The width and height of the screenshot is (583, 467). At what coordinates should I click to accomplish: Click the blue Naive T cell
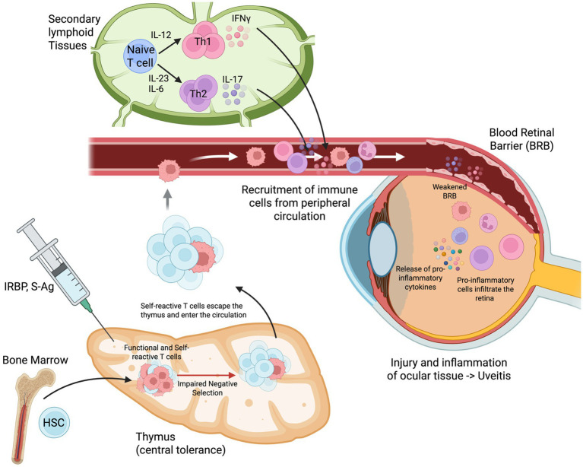140,56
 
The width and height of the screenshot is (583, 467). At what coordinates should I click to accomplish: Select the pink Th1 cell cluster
202,40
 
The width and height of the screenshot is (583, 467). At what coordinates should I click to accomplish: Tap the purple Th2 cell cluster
198,93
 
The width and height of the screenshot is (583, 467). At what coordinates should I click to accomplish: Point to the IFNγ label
241,18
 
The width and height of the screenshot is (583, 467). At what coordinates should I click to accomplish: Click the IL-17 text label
233,79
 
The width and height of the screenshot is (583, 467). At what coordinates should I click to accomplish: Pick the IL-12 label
161,34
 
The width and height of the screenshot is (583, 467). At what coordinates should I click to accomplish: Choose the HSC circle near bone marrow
54,422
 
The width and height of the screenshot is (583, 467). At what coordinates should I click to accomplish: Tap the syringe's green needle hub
86,305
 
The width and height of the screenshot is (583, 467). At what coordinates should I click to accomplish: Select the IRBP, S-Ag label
29,287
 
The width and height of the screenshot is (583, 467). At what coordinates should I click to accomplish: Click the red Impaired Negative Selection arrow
206,376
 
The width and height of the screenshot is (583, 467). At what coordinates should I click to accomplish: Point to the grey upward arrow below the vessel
168,199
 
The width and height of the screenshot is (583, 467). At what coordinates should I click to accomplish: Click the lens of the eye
382,249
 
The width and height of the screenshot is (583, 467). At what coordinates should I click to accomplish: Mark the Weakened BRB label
449,191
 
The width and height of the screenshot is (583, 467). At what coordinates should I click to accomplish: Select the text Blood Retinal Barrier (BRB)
521,139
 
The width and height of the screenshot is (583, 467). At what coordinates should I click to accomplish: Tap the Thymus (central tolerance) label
181,443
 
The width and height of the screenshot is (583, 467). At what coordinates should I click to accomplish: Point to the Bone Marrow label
35,360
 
